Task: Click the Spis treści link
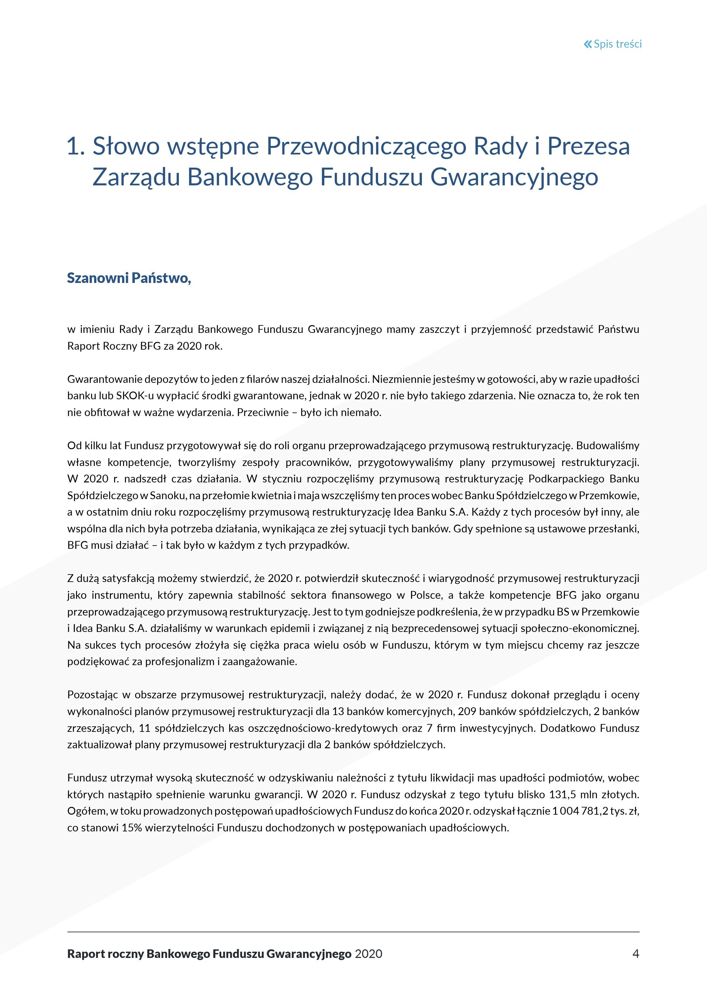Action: pos(617,44)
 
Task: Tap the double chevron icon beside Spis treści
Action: pos(588,44)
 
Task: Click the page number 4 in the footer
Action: pos(636,954)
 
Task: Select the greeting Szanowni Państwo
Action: pos(129,278)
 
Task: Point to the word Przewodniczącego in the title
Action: pos(367,146)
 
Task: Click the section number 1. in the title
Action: pos(75,146)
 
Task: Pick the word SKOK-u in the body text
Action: pos(133,396)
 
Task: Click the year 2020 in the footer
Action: pos(368,954)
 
